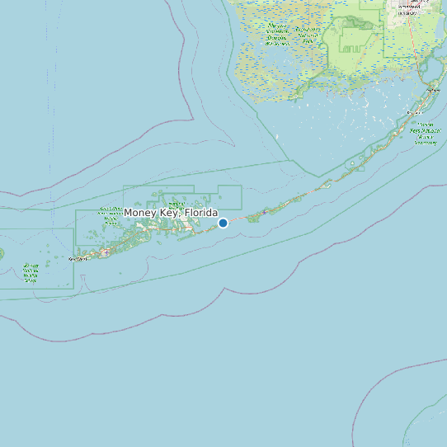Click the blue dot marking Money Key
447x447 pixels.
pos(223,223)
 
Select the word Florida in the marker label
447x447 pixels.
pos(201,214)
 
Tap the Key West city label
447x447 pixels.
pos(78,259)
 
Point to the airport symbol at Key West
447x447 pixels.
pos(106,252)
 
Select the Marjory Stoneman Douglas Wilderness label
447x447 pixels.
pos(277,32)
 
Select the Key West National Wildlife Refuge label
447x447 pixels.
pos(31,273)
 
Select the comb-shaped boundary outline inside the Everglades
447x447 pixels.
pos(355,37)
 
